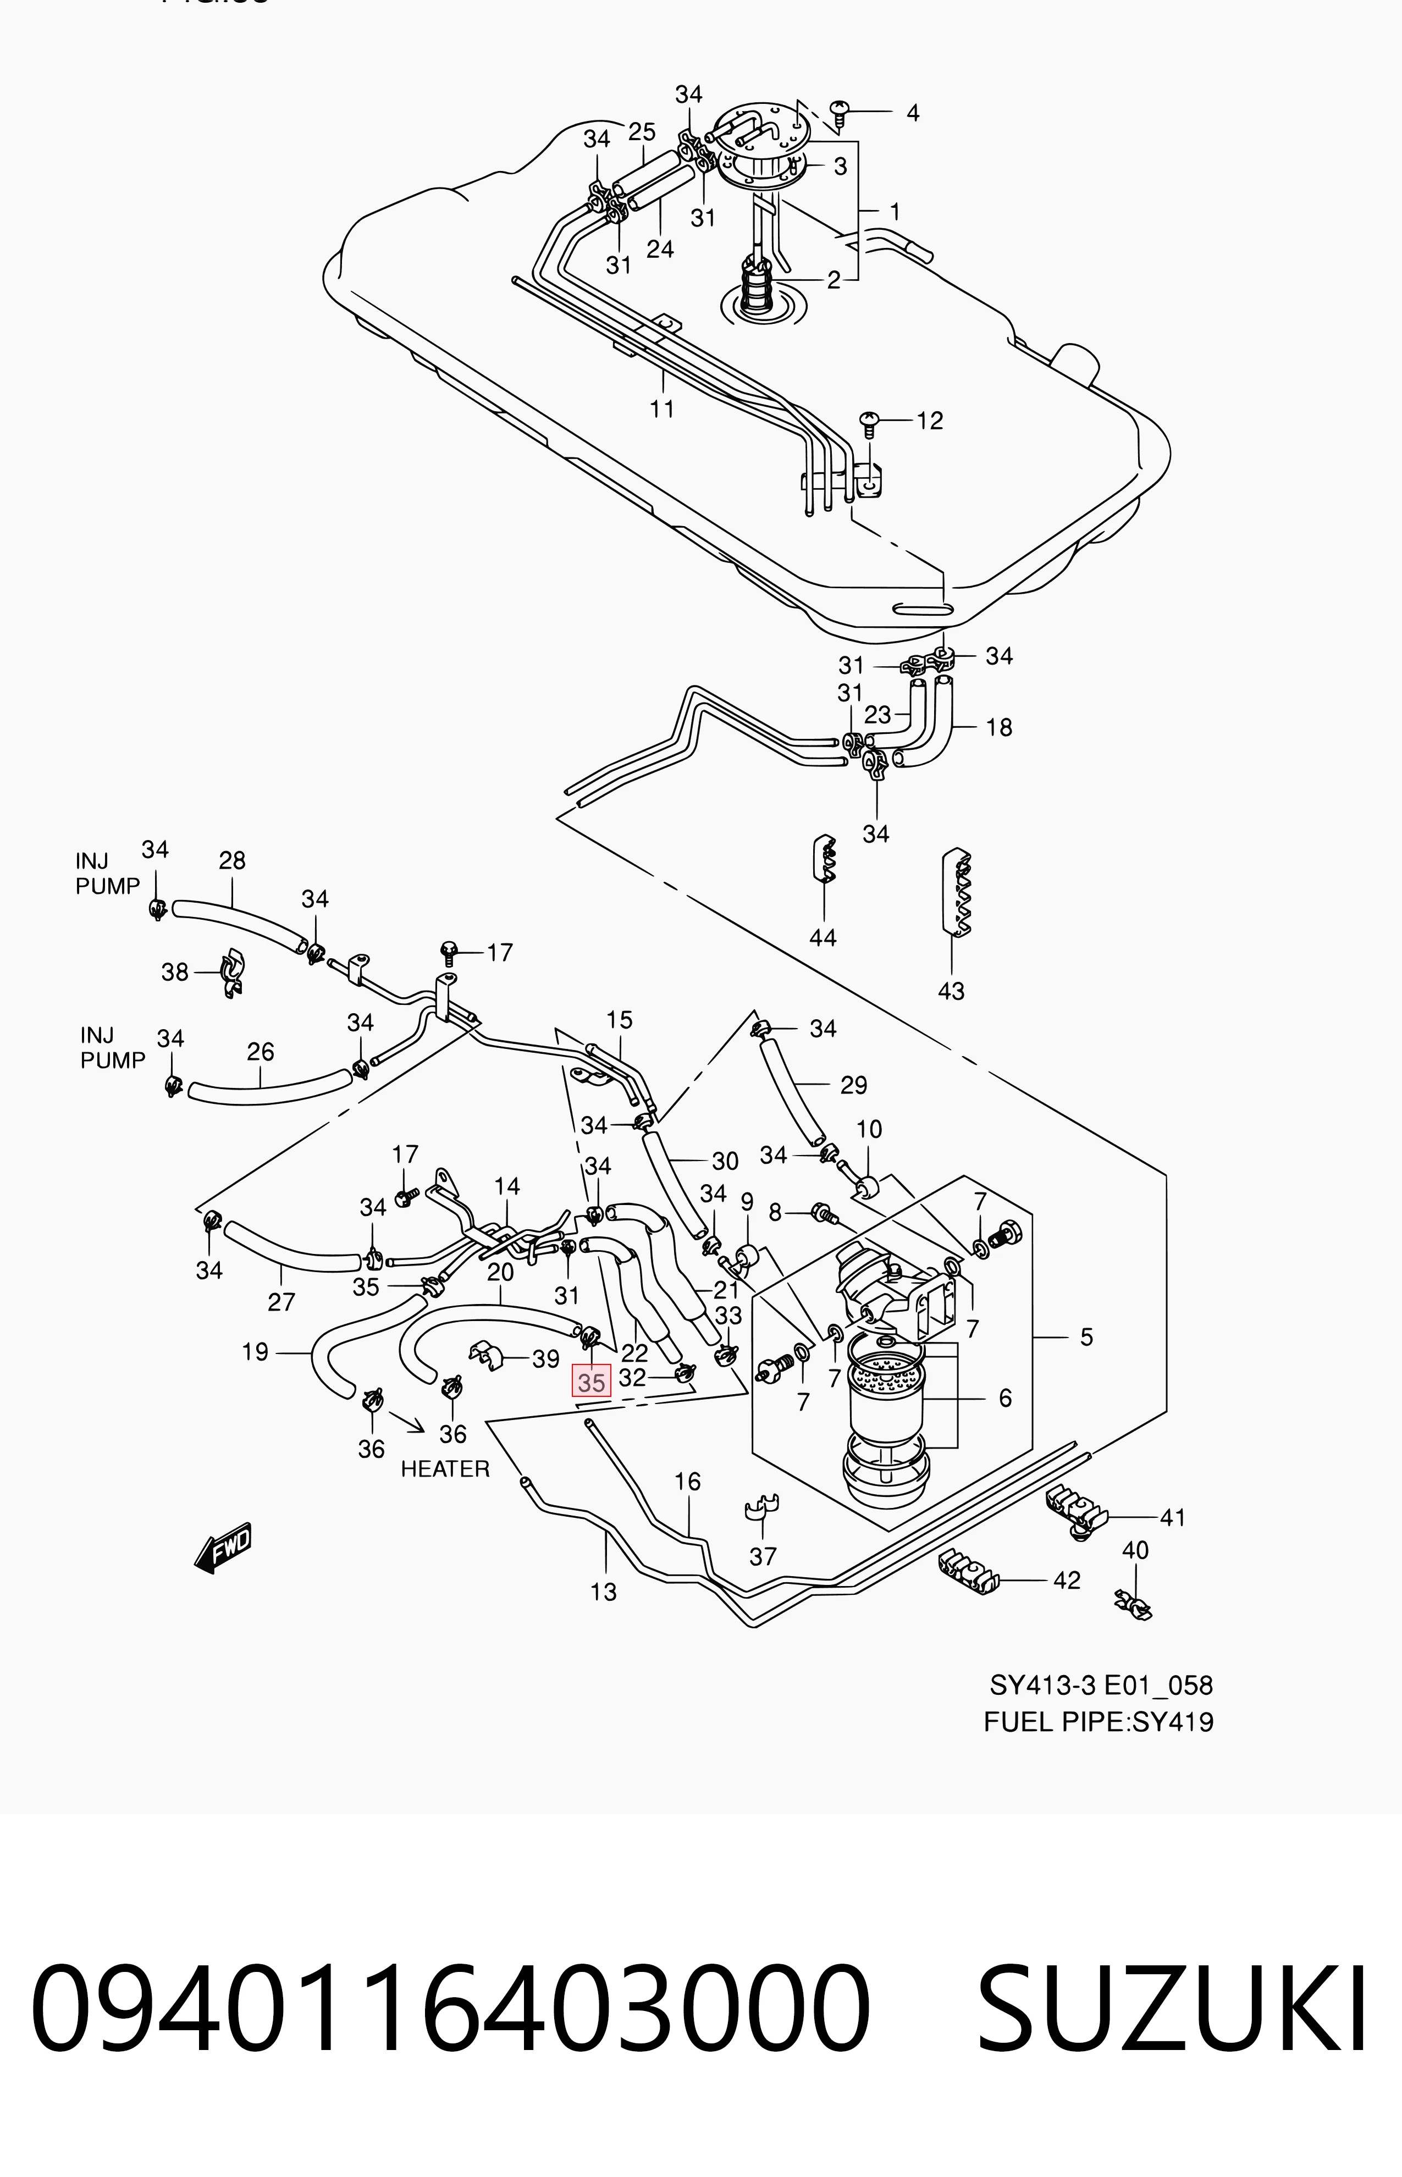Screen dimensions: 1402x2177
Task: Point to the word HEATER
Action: [445, 1469]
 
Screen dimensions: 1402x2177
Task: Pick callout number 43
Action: [951, 991]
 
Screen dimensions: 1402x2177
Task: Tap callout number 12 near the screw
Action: [930, 421]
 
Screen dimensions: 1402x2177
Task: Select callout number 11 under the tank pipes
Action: [662, 408]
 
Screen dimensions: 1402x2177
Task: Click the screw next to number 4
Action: [841, 113]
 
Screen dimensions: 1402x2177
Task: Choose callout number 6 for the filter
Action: [1005, 1398]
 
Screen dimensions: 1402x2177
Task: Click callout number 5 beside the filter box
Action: [1086, 1337]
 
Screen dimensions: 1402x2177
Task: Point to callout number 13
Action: [604, 1592]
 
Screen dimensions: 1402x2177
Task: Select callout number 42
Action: [1067, 1580]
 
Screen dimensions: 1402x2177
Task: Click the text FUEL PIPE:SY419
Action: [1099, 1722]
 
